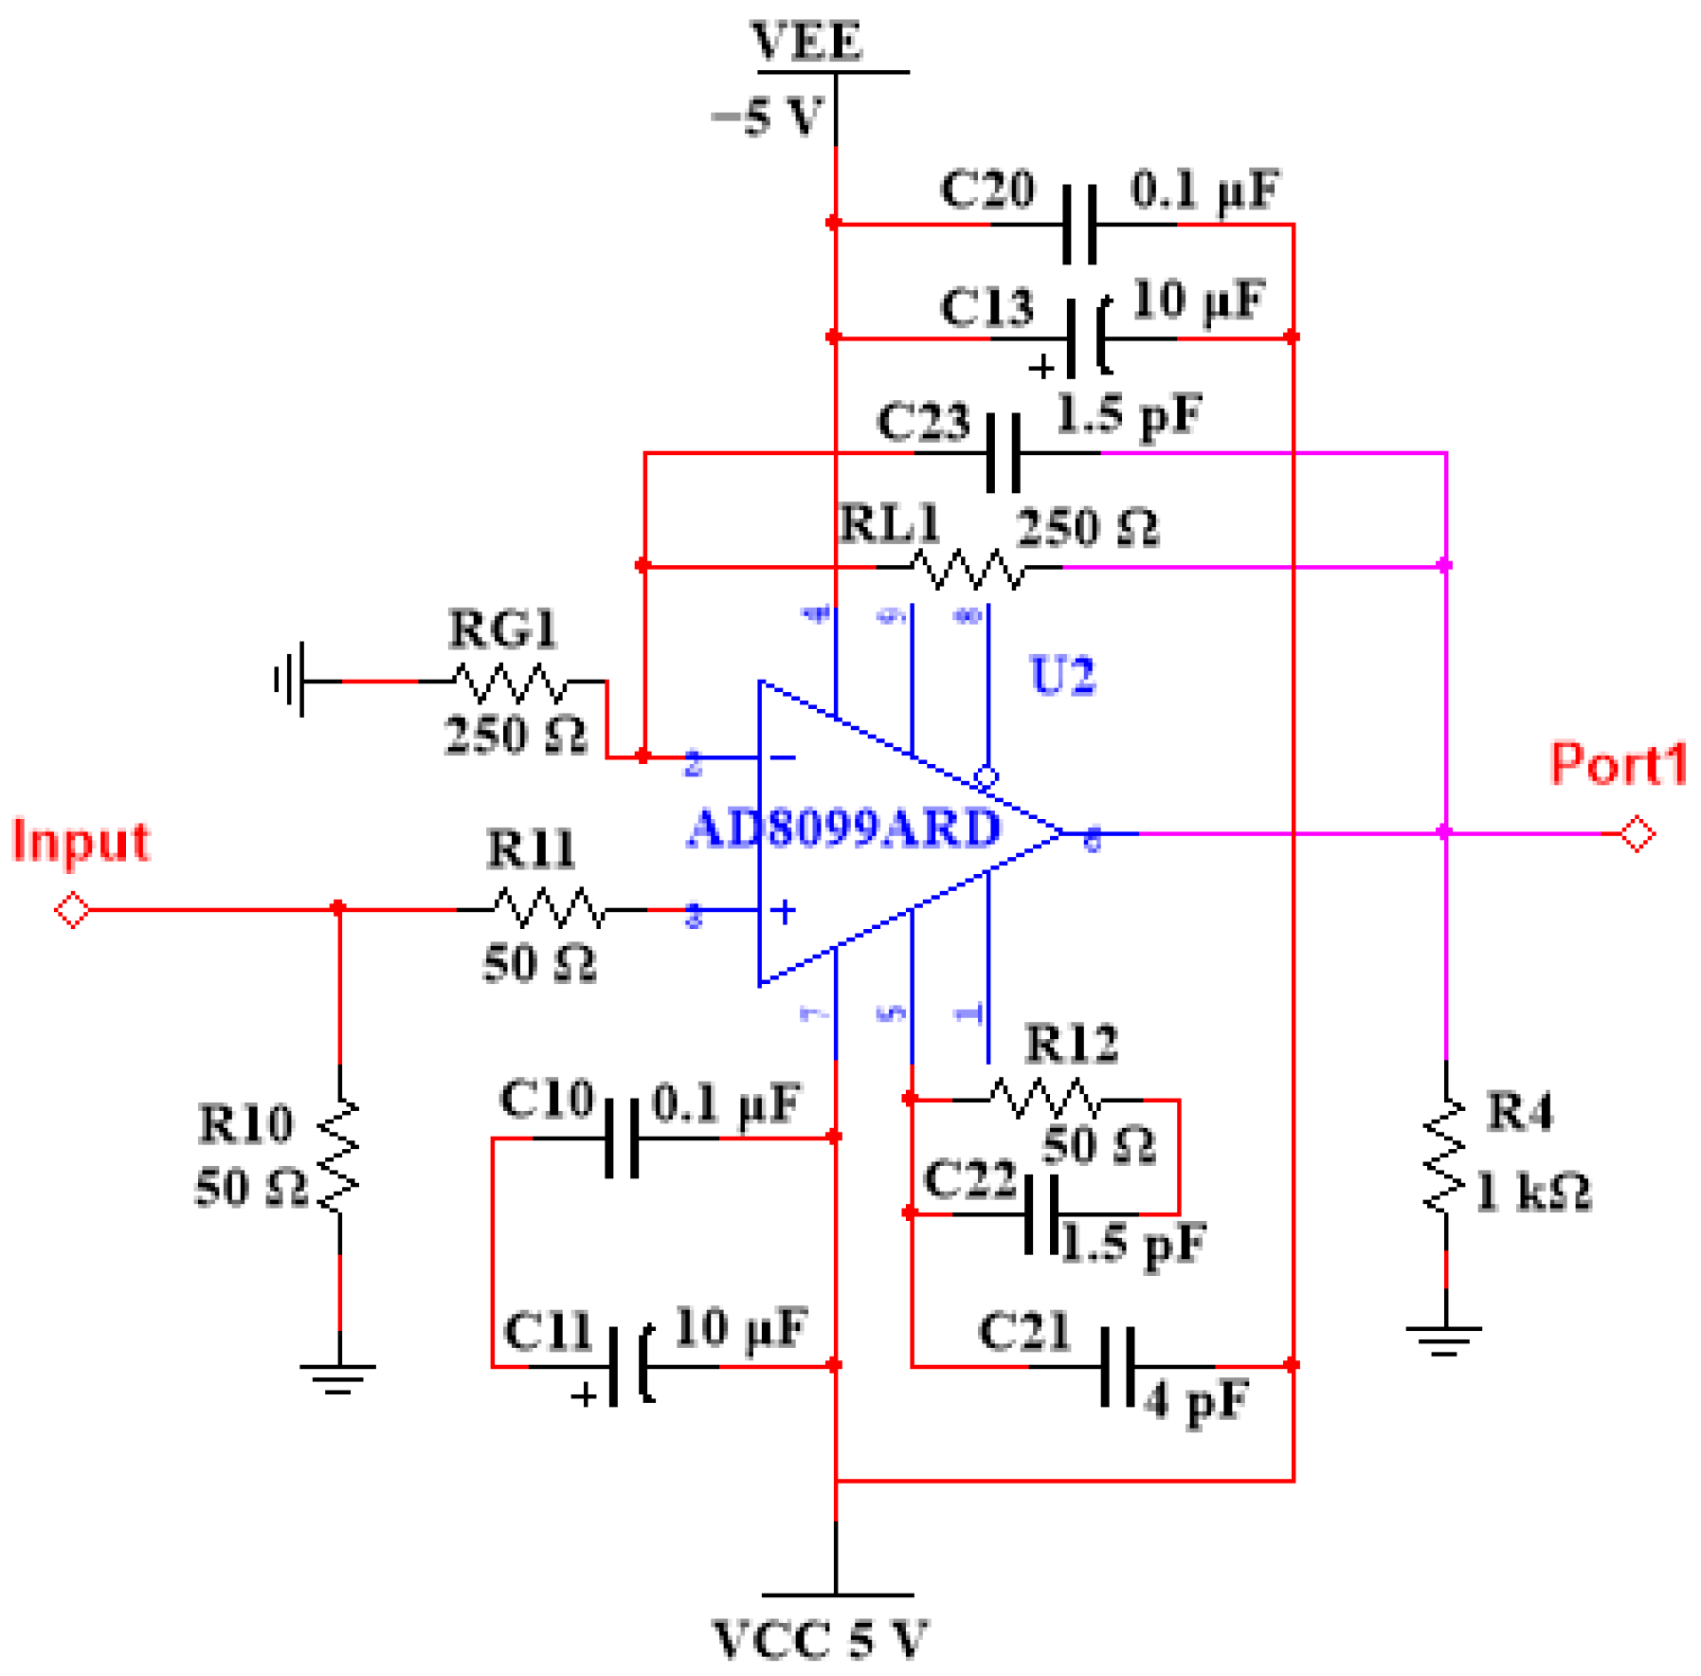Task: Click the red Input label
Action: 81,841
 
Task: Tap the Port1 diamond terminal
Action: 1636,833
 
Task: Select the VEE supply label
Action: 806,42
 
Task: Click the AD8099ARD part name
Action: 843,828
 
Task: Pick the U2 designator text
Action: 1061,675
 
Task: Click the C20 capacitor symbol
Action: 1079,225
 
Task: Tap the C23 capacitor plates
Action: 1003,452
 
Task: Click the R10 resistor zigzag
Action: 339,1157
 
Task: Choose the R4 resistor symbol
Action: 1445,1155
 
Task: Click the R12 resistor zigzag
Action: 1045,1099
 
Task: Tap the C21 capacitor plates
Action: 1118,1366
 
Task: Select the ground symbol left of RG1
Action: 291,680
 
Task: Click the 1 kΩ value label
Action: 1532,1192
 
